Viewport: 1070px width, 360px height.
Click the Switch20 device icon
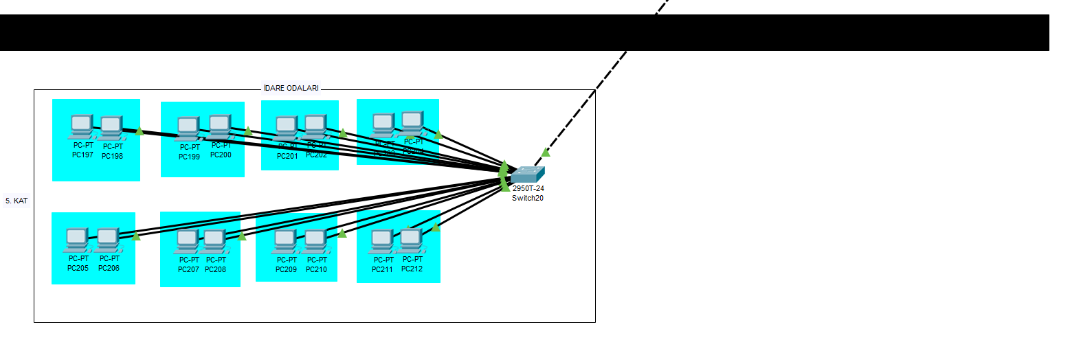(527, 175)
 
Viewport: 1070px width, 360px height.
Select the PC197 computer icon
(82, 127)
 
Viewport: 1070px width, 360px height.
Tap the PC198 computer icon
(111, 128)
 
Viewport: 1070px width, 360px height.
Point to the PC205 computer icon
(77, 240)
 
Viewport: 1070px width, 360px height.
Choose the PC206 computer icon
(108, 240)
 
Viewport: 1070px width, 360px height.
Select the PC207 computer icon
(187, 242)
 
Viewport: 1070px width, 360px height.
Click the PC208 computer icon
(214, 242)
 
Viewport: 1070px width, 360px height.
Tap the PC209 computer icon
(285, 242)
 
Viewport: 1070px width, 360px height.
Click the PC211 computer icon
(381, 242)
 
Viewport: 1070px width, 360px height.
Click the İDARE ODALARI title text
(291, 89)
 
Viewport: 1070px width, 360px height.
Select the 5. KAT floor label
(16, 201)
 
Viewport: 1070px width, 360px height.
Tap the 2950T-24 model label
(528, 188)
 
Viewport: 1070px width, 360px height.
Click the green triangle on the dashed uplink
(546, 152)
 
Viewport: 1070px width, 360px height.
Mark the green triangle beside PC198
(139, 131)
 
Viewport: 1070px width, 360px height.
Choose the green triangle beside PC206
(136, 236)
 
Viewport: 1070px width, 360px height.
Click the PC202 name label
(316, 155)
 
